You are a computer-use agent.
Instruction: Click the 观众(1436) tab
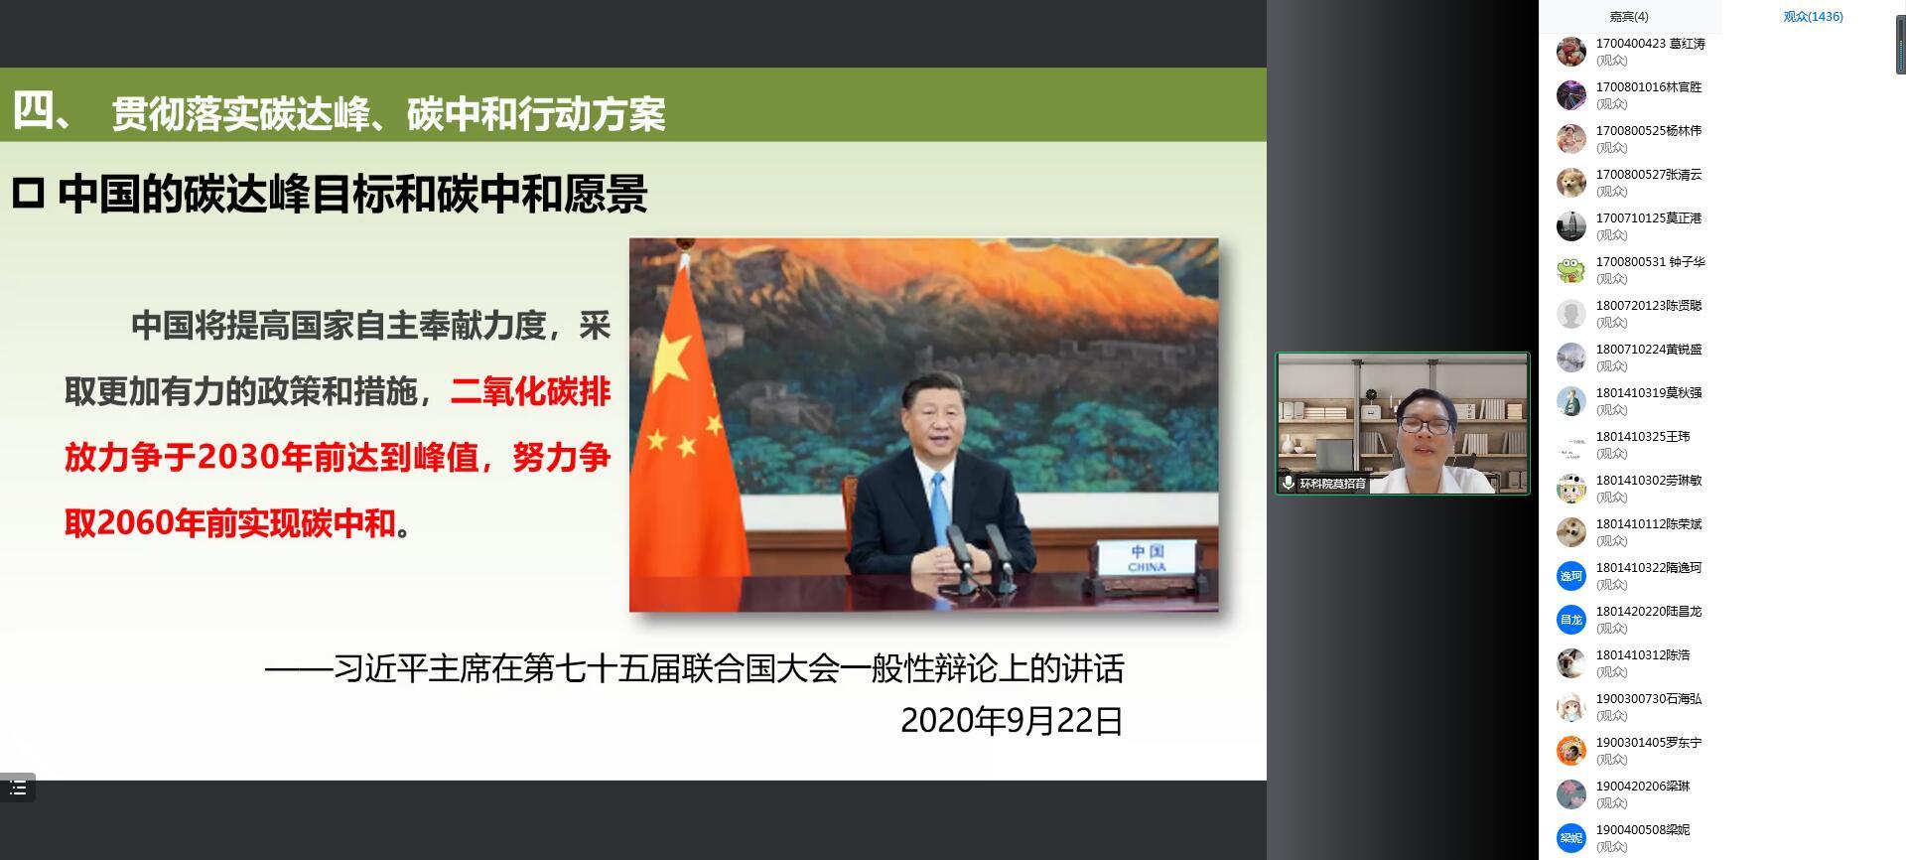[x=1813, y=17]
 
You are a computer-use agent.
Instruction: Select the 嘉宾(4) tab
[x=1629, y=17]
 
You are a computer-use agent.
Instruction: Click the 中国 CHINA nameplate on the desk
[x=1147, y=558]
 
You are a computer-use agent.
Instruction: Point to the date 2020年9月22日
[x=1012, y=721]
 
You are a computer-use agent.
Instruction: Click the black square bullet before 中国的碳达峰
[x=28, y=194]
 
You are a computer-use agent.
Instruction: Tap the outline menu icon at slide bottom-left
[x=18, y=788]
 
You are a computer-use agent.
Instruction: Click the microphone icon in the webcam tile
[x=1288, y=484]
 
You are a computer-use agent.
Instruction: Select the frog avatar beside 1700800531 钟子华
[x=1570, y=270]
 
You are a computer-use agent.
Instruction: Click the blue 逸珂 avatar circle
[x=1570, y=576]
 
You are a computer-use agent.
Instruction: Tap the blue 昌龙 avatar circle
[x=1570, y=620]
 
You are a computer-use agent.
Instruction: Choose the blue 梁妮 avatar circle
[x=1570, y=838]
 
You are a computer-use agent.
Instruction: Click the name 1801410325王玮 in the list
[x=1643, y=437]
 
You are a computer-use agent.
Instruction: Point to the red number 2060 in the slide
[x=133, y=523]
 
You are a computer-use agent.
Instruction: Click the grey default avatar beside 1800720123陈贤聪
[x=1570, y=314]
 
